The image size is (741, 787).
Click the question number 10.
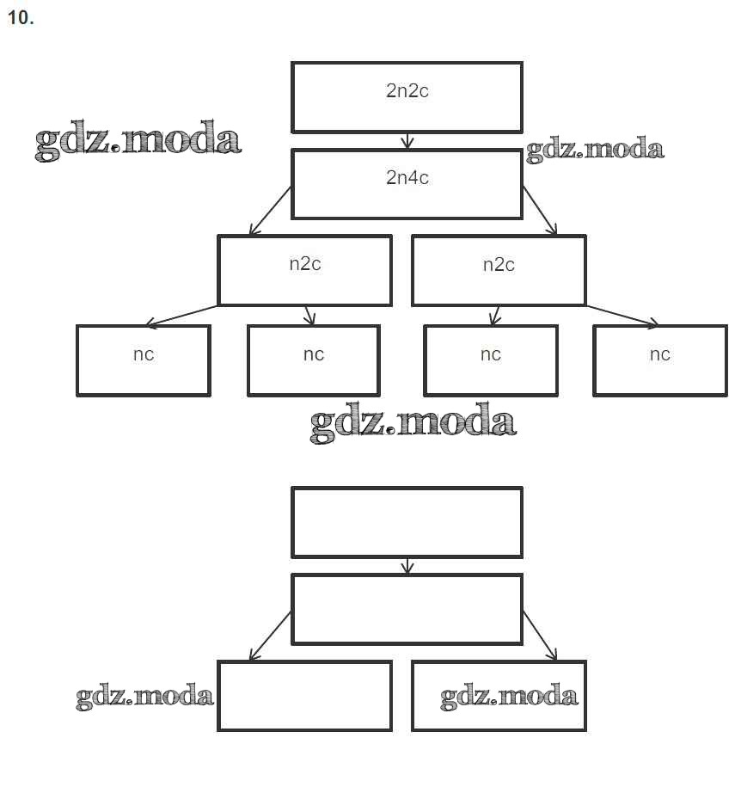coord(20,18)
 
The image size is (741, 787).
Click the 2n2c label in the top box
coord(407,91)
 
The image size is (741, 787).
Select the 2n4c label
coord(407,178)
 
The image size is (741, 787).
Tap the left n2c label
coord(305,264)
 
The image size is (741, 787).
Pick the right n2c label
coord(499,264)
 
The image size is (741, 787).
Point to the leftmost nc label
coord(144,354)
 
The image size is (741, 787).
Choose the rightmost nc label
coord(659,354)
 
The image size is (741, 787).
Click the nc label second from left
coord(314,354)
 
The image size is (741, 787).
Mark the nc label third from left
coord(490,354)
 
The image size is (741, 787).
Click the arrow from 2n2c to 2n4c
coord(407,140)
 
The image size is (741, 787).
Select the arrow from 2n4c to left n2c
coord(270,211)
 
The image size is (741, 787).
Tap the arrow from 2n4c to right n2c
coord(539,210)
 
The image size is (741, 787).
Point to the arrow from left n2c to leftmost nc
coord(181,316)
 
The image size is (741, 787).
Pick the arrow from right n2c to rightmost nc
coord(622,316)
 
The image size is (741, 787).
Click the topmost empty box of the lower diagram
coord(407,522)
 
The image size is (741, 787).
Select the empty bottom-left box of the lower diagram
coord(304,695)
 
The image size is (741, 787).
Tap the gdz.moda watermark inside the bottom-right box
coord(509,695)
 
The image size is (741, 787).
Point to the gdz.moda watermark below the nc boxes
coord(413,422)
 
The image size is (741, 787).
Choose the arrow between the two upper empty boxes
coord(407,566)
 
